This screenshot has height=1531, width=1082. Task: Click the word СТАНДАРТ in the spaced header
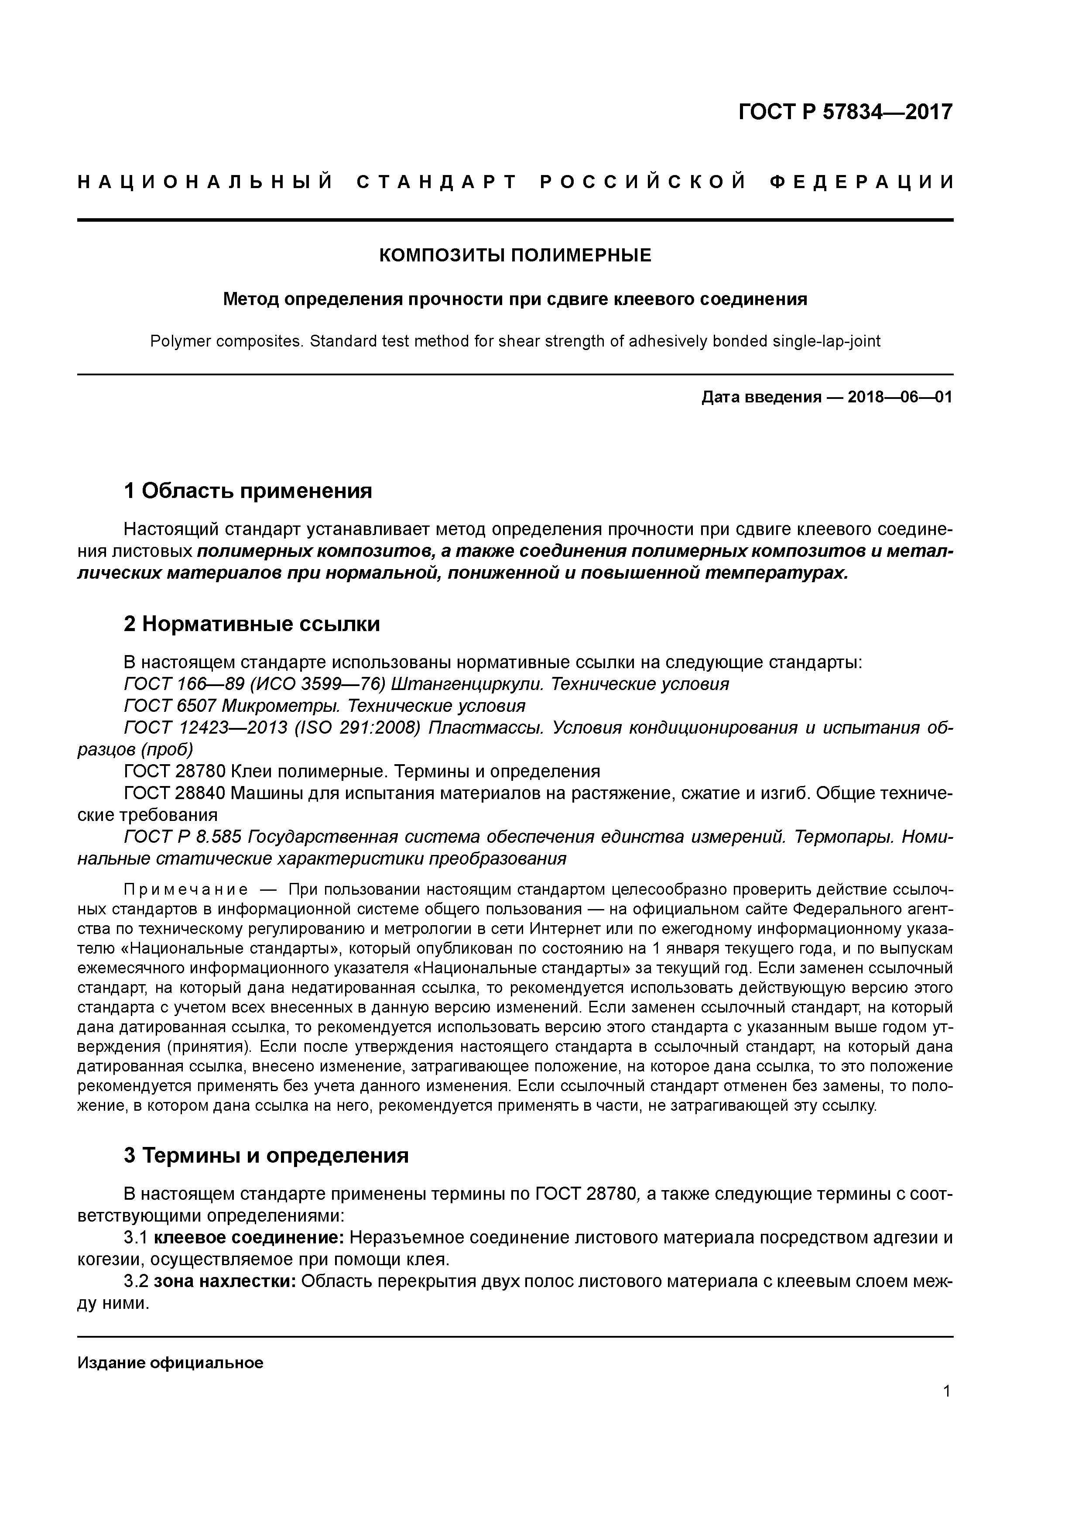[x=437, y=182]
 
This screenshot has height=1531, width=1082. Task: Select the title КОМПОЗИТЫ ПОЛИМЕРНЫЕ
[x=515, y=255]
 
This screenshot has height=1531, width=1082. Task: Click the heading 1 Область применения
[x=248, y=491]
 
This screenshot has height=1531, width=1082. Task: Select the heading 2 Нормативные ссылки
[x=252, y=624]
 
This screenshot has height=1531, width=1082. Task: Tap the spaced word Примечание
[x=186, y=890]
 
